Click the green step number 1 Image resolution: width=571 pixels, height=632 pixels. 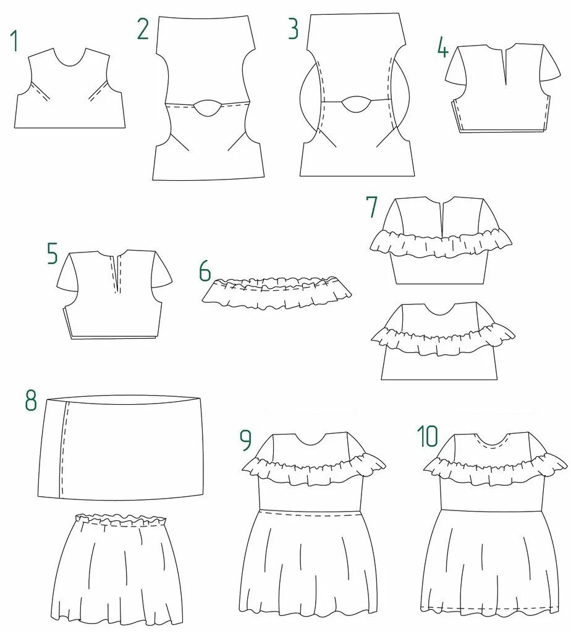pyautogui.click(x=14, y=41)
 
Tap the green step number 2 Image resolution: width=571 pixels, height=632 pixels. pyautogui.click(x=143, y=30)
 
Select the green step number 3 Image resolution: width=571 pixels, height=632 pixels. pyautogui.click(x=293, y=30)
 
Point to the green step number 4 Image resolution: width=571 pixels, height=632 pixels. pyautogui.click(x=442, y=48)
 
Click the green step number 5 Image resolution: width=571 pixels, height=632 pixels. pyautogui.click(x=53, y=254)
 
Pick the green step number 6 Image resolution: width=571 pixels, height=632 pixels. pyautogui.click(x=205, y=272)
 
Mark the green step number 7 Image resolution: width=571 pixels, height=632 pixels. pyautogui.click(x=371, y=207)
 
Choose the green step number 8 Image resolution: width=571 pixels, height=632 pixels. pyautogui.click(x=31, y=401)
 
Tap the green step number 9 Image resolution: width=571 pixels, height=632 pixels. pyautogui.click(x=246, y=440)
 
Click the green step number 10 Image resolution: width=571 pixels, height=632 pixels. pyautogui.click(x=428, y=436)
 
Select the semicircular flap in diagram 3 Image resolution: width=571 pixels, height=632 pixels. pyautogui.click(x=357, y=103)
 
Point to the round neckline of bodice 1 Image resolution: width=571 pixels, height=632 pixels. pyautogui.click(x=68, y=60)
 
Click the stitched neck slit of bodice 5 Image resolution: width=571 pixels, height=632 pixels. pyautogui.click(x=117, y=272)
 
